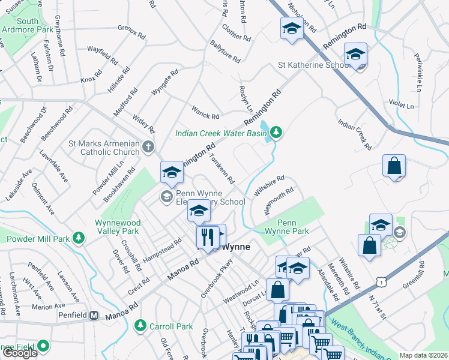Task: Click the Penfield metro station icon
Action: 94,315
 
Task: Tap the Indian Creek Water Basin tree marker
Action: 276,131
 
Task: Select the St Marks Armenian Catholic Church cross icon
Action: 148,146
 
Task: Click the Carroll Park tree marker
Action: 140,325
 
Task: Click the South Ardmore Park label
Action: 28,25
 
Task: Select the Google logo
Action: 20,352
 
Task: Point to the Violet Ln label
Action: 402,106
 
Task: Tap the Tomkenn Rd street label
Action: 221,169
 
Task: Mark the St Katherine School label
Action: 313,65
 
